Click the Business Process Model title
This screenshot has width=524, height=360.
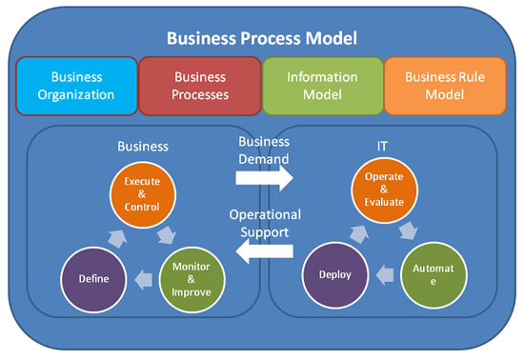[262, 38]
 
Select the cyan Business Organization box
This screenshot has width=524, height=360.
[76, 86]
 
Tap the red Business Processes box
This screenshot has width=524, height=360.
[200, 86]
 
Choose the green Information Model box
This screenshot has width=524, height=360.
[322, 86]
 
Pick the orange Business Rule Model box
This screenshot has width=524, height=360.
[445, 86]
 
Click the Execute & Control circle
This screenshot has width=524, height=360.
[142, 194]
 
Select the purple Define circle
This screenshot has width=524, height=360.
[93, 279]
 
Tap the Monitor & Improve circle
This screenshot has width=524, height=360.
[191, 279]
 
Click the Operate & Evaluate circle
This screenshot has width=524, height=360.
[384, 190]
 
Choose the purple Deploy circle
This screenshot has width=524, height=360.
[335, 274]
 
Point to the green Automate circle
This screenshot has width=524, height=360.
[433, 274]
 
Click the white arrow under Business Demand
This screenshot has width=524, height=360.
[264, 178]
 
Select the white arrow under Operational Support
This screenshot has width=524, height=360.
[264, 250]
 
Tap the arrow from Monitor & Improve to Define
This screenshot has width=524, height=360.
[143, 279]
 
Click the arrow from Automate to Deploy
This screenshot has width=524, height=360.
[385, 275]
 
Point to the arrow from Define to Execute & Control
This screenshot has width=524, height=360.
[117, 238]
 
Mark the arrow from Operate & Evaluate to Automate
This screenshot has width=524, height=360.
[409, 230]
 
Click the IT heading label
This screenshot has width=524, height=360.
[382, 147]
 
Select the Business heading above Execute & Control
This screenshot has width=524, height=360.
[143, 147]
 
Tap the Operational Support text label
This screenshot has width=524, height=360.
[265, 223]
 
